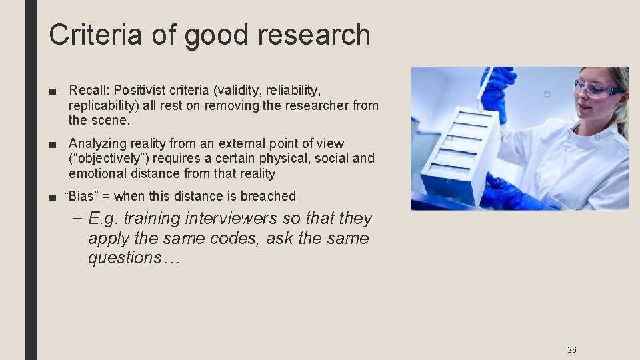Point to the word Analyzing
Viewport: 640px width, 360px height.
pos(97,143)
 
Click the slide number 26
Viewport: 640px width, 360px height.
pos(572,349)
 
